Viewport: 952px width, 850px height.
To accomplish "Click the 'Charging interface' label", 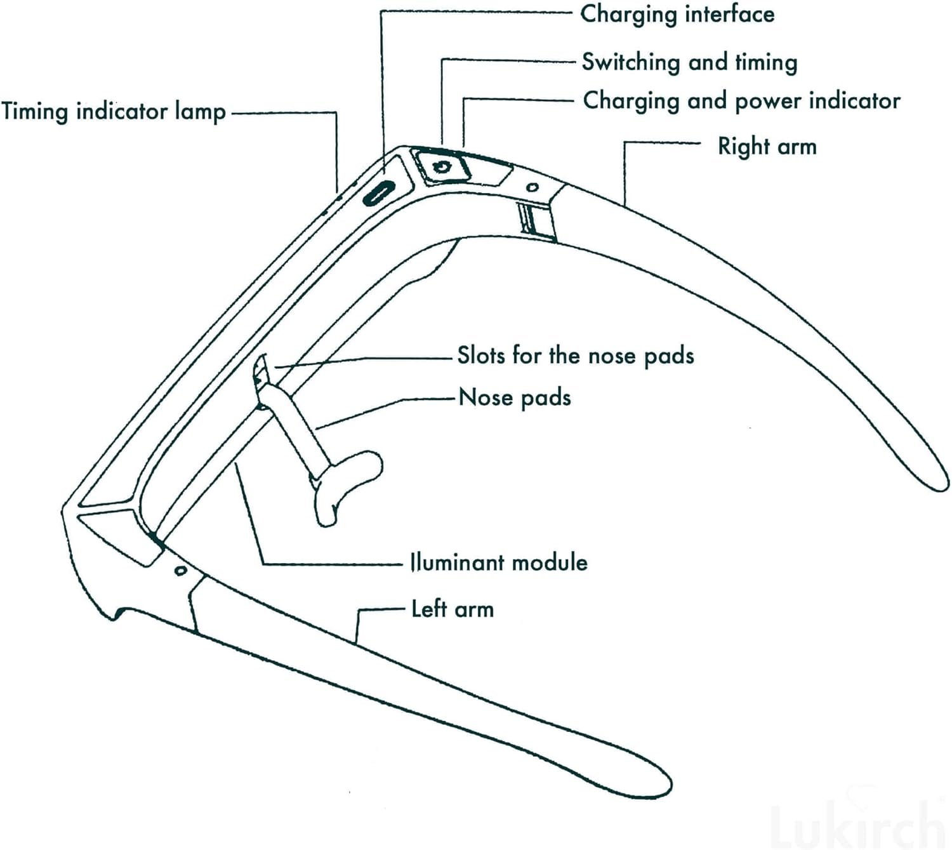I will (x=677, y=15).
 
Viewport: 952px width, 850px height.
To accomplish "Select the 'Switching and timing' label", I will (x=689, y=62).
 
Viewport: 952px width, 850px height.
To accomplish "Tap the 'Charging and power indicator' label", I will (x=741, y=101).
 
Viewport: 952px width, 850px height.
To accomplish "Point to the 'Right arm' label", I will (x=767, y=147).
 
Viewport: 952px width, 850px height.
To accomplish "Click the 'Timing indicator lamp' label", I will (x=114, y=112).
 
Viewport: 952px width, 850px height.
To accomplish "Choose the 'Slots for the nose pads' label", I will (x=576, y=355).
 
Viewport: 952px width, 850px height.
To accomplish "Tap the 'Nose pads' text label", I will (x=515, y=398).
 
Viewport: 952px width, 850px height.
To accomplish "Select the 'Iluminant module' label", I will (x=499, y=562).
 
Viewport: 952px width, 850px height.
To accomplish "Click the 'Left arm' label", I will (x=453, y=609).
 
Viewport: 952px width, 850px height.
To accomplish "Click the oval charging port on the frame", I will (x=379, y=192).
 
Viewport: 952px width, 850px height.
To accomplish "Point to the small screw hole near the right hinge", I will (x=532, y=187).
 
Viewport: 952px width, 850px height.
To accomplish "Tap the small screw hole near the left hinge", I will (x=181, y=571).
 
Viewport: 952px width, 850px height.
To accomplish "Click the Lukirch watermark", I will (x=863, y=826).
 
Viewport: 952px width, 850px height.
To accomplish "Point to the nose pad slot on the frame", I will (x=260, y=371).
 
